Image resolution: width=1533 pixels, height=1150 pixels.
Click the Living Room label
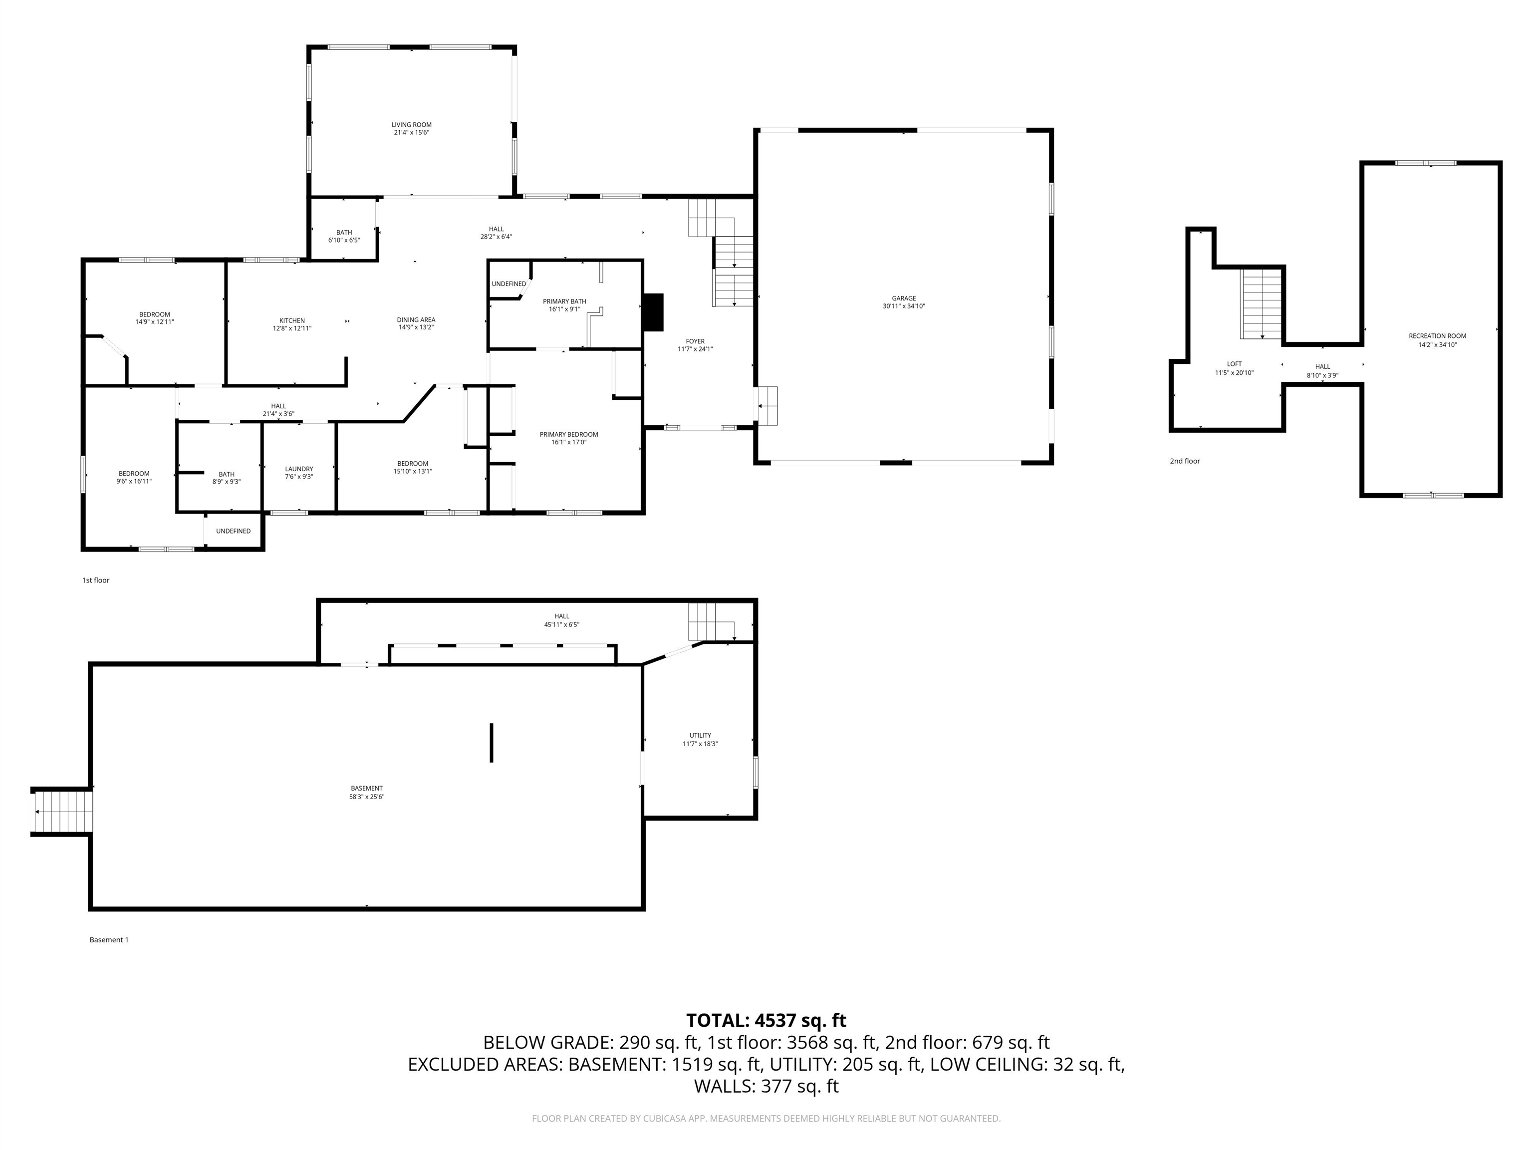point(412,125)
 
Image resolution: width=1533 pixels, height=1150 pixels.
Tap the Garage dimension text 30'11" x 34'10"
point(904,306)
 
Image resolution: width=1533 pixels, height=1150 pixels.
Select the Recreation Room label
point(1437,336)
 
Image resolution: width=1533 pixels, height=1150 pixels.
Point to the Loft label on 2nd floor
point(1234,364)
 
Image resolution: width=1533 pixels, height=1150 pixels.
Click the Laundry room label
point(299,469)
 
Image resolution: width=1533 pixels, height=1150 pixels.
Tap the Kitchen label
point(292,321)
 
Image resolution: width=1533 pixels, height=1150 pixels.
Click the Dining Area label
point(416,320)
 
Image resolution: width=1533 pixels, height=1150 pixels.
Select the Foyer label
point(695,342)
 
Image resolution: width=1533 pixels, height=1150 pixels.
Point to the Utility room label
point(700,736)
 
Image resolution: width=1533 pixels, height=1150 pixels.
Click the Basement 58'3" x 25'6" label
point(367,792)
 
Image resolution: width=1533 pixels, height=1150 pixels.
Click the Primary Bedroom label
point(568,435)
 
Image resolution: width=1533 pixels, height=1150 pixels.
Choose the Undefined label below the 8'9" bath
point(233,531)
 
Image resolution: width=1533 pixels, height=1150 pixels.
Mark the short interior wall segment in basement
point(492,742)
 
